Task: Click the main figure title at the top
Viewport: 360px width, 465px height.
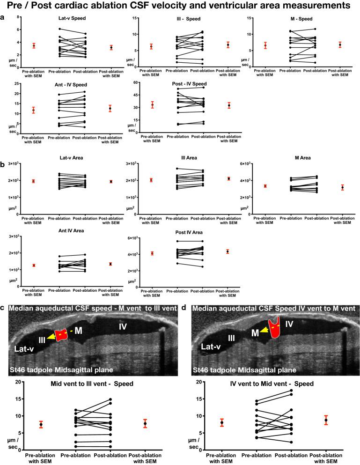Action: click(180, 6)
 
